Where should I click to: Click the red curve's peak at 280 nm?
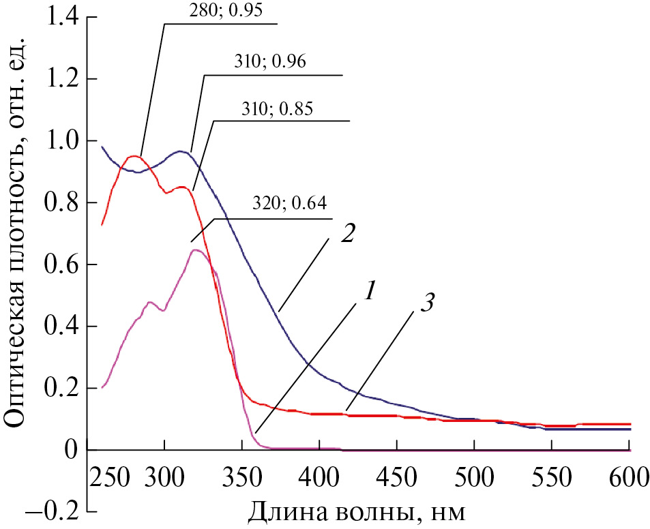tap(134, 157)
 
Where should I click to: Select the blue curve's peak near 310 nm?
tap(181, 151)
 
